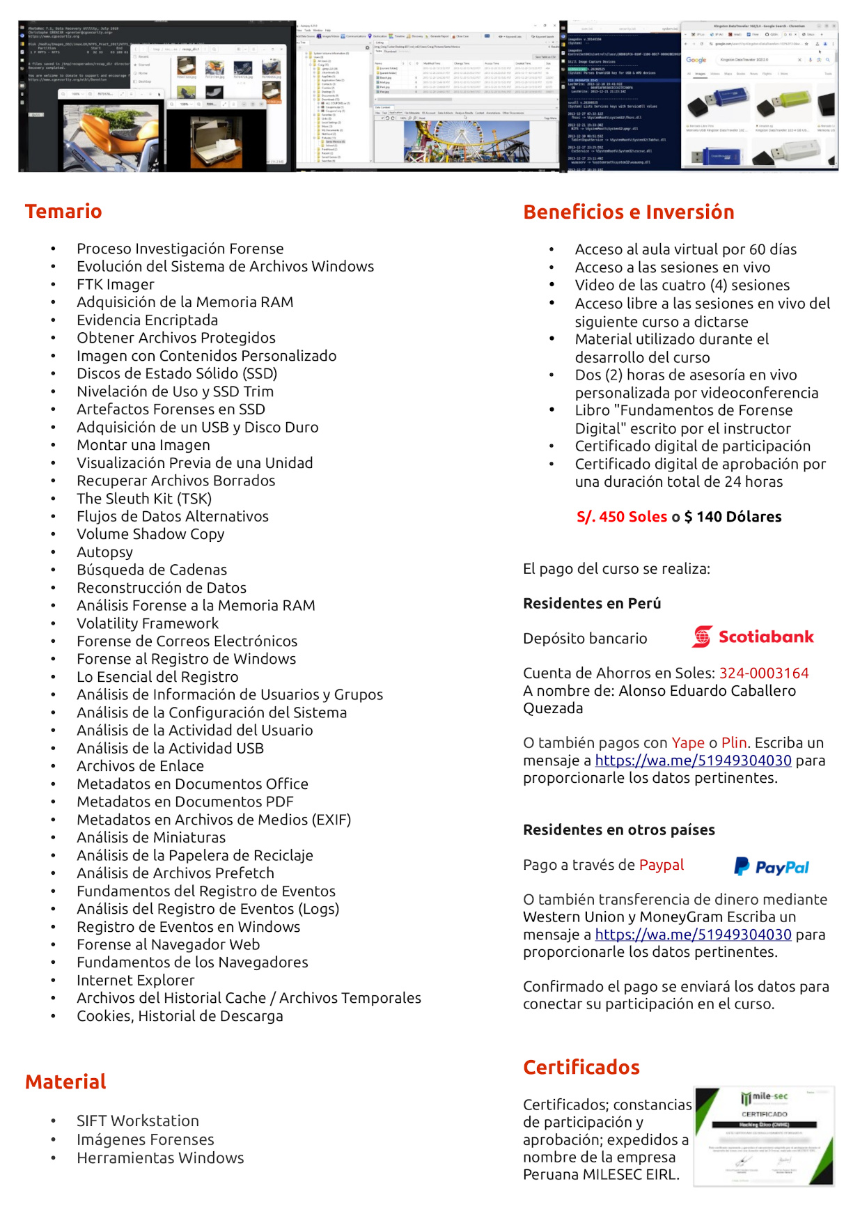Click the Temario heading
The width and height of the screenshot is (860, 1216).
pyautogui.click(x=63, y=211)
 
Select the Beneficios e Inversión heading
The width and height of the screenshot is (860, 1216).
pyautogui.click(x=628, y=212)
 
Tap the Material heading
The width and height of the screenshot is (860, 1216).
pyautogui.click(x=65, y=1082)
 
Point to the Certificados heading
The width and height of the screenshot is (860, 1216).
pyautogui.click(x=581, y=1067)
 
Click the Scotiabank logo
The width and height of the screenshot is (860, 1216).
pyautogui.click(x=753, y=637)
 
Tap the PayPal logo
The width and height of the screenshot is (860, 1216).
pyautogui.click(x=772, y=866)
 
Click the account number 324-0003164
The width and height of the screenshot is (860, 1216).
pyautogui.click(x=763, y=673)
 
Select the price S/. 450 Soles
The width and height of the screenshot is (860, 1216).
pyautogui.click(x=622, y=517)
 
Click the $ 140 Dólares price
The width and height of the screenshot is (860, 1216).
pyautogui.click(x=733, y=517)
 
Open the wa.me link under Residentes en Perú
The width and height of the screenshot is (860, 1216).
pyautogui.click(x=693, y=761)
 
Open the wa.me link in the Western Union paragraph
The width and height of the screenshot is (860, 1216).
pyautogui.click(x=693, y=935)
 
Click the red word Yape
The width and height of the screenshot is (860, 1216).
pyautogui.click(x=687, y=742)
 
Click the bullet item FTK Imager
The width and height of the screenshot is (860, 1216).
pyautogui.click(x=116, y=284)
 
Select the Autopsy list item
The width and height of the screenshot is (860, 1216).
pyautogui.click(x=104, y=552)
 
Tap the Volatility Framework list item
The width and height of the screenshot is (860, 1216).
pyautogui.click(x=148, y=623)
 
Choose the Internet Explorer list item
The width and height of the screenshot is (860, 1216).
pyautogui.click(x=136, y=980)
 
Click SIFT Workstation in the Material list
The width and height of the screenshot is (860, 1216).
pyautogui.click(x=138, y=1121)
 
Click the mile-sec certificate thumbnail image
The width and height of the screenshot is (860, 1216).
pyautogui.click(x=764, y=1135)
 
